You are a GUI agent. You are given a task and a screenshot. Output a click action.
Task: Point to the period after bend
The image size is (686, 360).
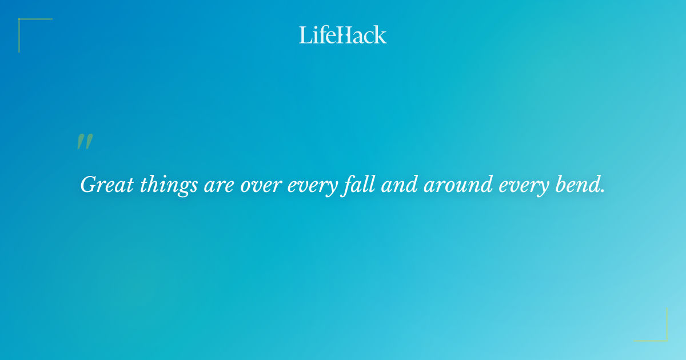(603, 191)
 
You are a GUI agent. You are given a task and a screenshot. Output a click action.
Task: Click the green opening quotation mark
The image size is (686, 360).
(85, 141)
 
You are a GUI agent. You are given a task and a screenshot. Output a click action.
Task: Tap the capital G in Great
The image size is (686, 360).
(89, 185)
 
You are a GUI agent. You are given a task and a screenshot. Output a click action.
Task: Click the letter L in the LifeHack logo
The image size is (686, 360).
(304, 35)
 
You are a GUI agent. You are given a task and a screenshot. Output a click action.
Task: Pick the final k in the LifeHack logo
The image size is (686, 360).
(380, 35)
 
